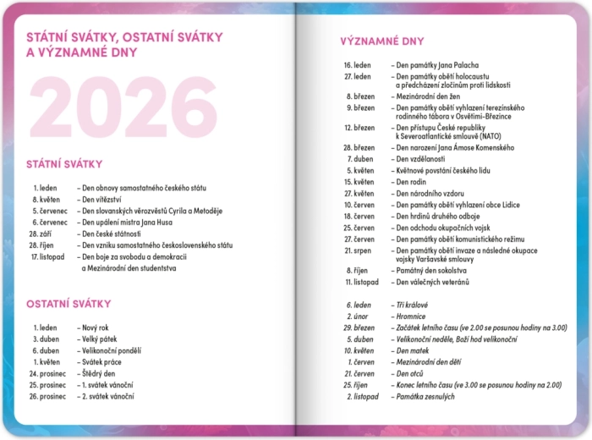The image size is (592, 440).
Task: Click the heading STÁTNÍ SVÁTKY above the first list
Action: click(x=64, y=164)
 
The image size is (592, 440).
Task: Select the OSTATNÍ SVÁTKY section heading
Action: click(x=69, y=304)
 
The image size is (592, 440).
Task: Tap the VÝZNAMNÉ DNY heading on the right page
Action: click(x=382, y=41)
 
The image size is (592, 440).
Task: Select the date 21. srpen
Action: click(x=359, y=250)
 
